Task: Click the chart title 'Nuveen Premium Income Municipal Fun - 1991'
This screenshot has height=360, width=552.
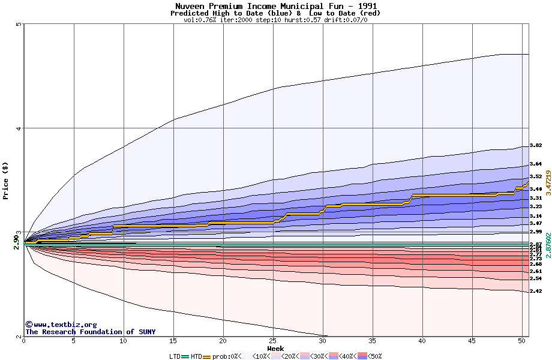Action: tap(276, 6)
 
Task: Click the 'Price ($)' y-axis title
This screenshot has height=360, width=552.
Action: tap(6, 179)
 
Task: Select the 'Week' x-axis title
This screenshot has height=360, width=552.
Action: tap(275, 349)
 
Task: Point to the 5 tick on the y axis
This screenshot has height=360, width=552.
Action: tap(19, 24)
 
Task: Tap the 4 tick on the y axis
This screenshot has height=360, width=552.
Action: tap(19, 128)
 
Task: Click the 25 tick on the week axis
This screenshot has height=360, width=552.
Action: tap(272, 341)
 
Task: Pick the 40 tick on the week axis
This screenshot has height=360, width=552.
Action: tap(422, 341)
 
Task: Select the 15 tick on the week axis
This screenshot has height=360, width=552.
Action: tap(173, 341)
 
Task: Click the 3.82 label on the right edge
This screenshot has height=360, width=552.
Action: tap(536, 145)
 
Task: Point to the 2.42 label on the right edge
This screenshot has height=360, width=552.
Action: tap(536, 291)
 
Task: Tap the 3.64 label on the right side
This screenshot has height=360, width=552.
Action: tap(536, 164)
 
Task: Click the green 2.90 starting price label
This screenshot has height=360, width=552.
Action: tap(17, 243)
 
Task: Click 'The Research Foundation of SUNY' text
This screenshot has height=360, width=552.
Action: tap(90, 332)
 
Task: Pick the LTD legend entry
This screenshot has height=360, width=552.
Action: tap(175, 356)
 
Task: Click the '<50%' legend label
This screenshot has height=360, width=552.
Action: tap(374, 356)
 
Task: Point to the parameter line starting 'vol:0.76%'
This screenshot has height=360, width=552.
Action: tap(275, 20)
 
